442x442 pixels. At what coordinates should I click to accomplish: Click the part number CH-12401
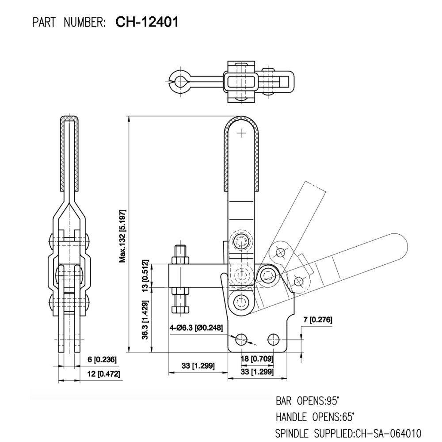(147, 22)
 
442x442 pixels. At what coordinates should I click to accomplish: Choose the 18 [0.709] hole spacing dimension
(257, 358)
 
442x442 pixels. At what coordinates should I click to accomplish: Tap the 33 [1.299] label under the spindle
(198, 366)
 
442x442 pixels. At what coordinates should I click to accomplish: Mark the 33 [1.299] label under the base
(257, 373)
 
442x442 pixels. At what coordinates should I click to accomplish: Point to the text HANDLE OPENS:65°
(315, 416)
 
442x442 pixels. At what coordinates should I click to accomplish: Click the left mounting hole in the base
(241, 339)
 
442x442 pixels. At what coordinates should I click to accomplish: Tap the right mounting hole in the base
(273, 339)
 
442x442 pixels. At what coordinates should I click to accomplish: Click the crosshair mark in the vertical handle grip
(241, 133)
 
